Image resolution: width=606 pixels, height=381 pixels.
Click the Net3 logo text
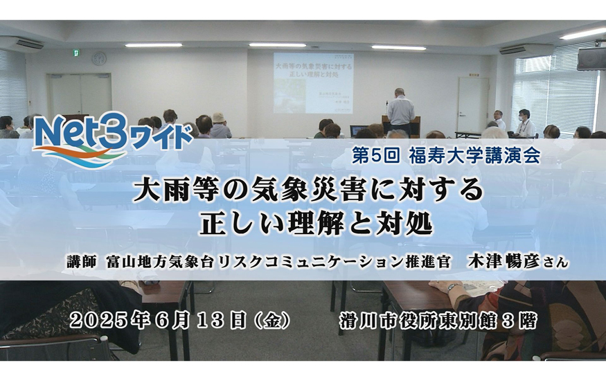tap(81, 134)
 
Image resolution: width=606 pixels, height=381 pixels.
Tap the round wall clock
tap(99, 58)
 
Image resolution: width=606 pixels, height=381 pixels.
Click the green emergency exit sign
tap(77, 52)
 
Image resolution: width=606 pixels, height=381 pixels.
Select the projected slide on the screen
tap(313, 83)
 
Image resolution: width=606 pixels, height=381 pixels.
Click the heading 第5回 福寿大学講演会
tap(445, 157)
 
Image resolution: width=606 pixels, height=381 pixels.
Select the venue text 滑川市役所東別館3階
tap(438, 321)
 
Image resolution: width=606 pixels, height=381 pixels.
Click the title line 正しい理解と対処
tap(315, 224)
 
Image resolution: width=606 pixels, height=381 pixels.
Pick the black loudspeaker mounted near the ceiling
tap(591, 58)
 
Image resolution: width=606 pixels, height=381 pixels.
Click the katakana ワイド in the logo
tap(161, 138)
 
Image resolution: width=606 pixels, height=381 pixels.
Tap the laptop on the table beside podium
tap(359, 130)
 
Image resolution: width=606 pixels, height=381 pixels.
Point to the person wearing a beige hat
tap(220, 125)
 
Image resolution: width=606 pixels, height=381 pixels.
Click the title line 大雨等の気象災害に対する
tap(308, 190)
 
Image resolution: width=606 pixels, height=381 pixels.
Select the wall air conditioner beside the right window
tap(526, 50)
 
